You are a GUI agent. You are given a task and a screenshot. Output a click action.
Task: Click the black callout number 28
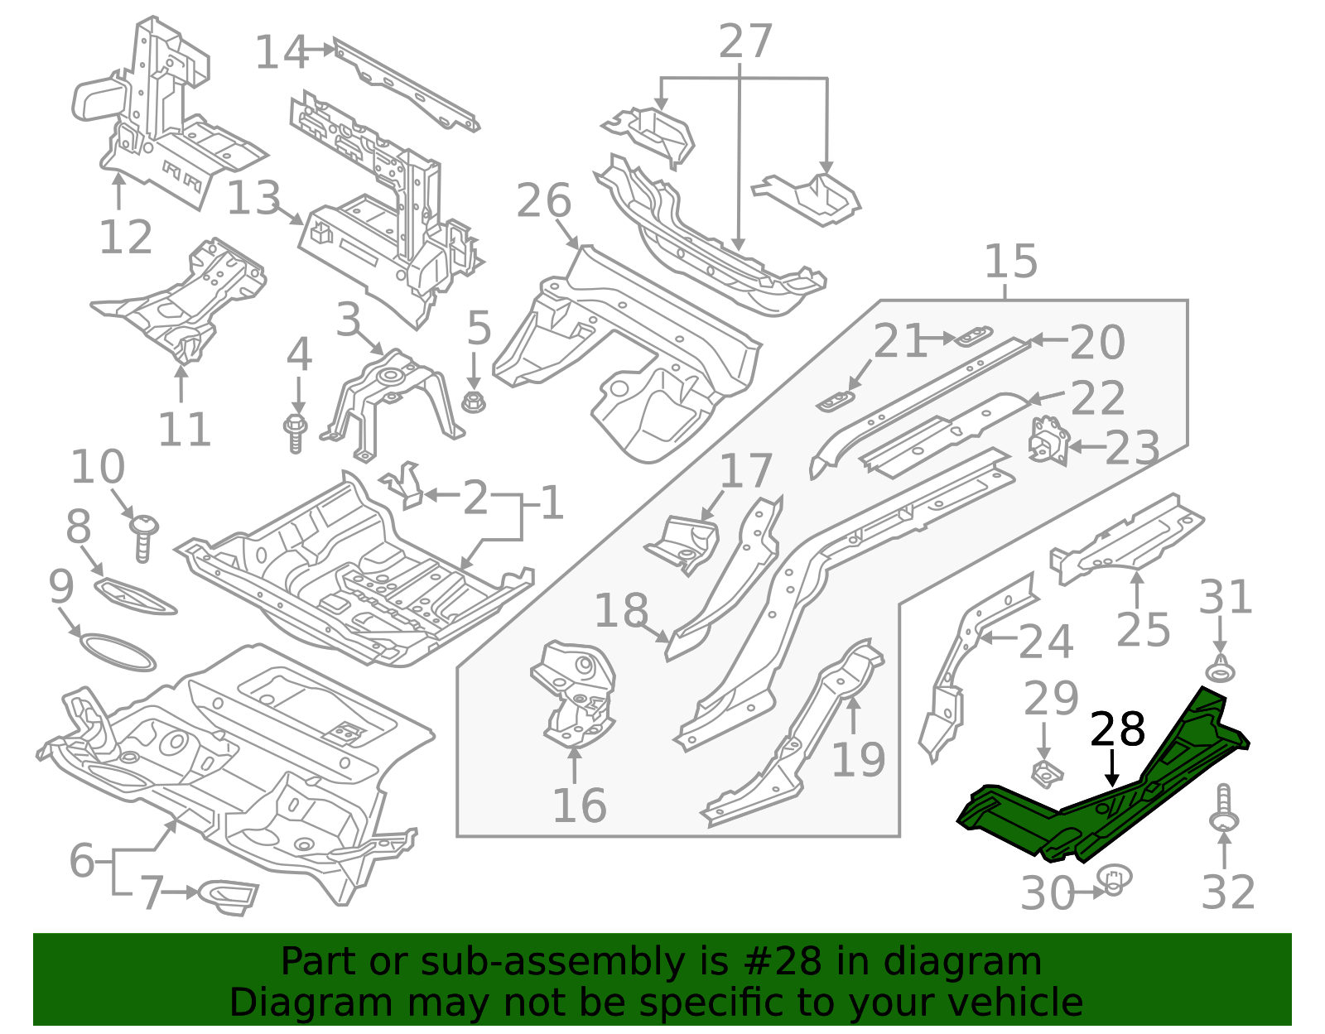[1117, 730]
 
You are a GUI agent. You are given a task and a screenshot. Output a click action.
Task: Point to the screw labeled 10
[144, 536]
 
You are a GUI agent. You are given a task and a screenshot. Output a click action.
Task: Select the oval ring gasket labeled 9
[117, 652]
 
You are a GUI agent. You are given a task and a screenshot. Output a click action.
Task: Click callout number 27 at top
[745, 41]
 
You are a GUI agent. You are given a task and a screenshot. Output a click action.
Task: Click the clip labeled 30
[1115, 880]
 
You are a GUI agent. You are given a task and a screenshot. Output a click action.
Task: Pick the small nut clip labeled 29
[1047, 775]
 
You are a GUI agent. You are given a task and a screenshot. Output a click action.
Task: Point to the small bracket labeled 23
[1047, 440]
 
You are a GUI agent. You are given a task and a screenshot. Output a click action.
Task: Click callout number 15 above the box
[1010, 262]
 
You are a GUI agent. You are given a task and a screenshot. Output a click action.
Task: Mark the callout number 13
[253, 199]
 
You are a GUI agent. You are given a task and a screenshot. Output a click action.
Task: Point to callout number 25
[1143, 630]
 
